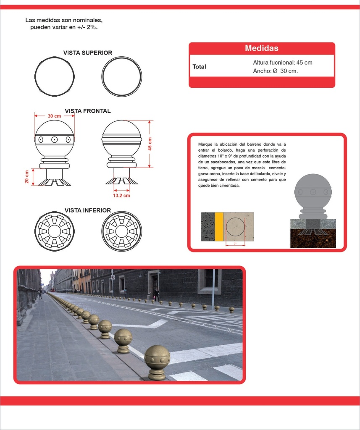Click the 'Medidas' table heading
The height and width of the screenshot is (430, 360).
262,48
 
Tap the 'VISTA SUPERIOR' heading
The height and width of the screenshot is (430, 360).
88,52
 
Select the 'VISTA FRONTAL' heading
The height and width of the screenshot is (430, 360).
88,111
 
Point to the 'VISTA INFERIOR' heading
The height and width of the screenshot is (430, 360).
88,210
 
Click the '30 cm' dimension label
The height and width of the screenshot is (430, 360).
54,116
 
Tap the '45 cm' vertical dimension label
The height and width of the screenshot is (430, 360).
150,144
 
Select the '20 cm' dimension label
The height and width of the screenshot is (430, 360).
26,177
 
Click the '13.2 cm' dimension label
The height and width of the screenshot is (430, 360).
121,196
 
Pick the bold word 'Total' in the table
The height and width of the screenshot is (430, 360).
199,67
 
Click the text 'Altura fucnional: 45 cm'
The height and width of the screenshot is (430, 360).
283,63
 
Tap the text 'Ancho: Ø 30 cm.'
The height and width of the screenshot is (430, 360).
275,71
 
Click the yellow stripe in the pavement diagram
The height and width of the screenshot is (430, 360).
219,226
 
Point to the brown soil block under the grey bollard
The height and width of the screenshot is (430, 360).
313,239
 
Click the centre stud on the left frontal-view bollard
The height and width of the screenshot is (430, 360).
54,139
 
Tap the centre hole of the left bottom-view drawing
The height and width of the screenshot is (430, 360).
54,231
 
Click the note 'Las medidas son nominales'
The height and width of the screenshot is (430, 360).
64,20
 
